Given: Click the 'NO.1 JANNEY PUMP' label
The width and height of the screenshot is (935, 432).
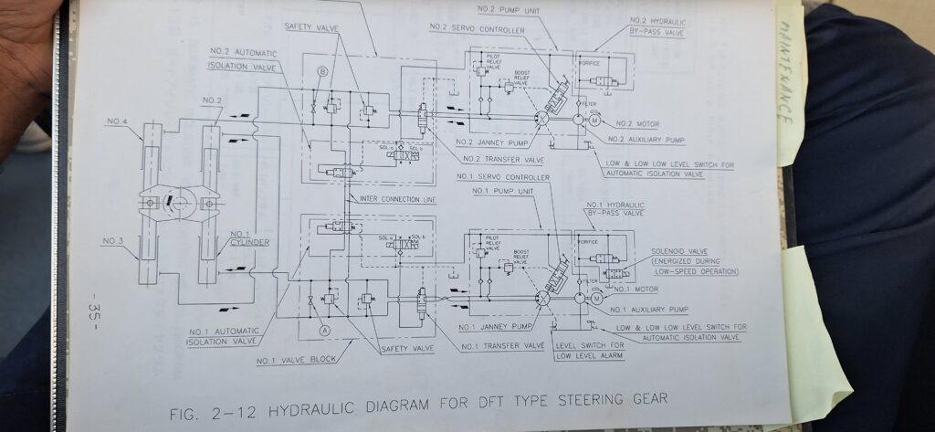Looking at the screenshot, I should pyautogui.click(x=497, y=326).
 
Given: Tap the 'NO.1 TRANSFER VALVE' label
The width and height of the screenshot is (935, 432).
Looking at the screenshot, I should pyautogui.click(x=502, y=346).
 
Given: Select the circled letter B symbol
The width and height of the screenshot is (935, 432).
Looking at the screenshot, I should pyautogui.click(x=321, y=70).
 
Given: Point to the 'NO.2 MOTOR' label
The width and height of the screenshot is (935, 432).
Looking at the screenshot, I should pyautogui.click(x=636, y=123).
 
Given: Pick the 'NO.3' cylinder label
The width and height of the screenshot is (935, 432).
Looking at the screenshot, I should pyautogui.click(x=113, y=240).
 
